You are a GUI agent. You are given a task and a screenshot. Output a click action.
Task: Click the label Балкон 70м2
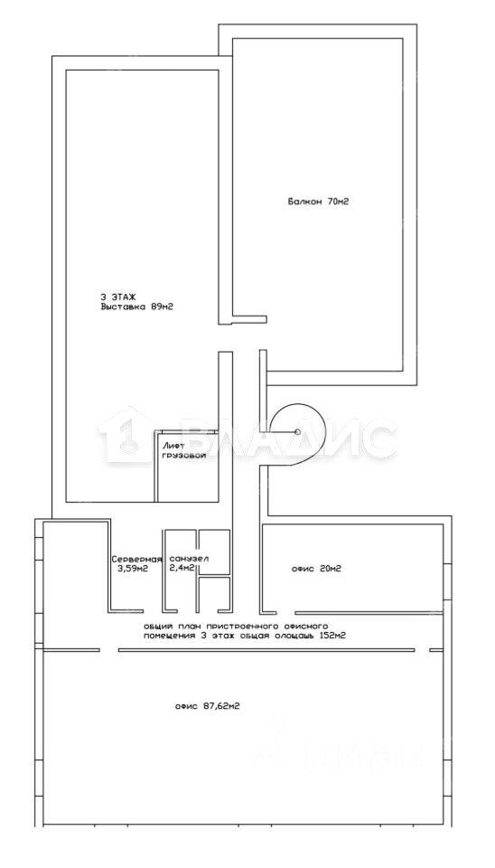[x=317, y=202]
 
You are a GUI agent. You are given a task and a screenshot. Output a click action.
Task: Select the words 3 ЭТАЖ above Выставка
[x=115, y=297]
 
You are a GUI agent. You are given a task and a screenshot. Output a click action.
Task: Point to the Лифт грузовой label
[x=184, y=450]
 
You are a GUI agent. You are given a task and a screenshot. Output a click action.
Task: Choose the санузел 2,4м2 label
[x=189, y=562]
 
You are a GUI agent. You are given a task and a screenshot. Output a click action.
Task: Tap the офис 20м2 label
[x=316, y=569]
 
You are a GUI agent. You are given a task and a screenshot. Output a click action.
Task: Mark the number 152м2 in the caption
[x=333, y=636]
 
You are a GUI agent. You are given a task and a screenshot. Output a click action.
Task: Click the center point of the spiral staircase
[x=297, y=432]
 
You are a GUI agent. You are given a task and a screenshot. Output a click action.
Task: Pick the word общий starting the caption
[x=154, y=627]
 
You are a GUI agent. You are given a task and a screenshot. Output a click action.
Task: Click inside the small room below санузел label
[x=214, y=595]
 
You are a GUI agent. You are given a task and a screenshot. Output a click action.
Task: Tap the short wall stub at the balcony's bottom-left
[x=249, y=319]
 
